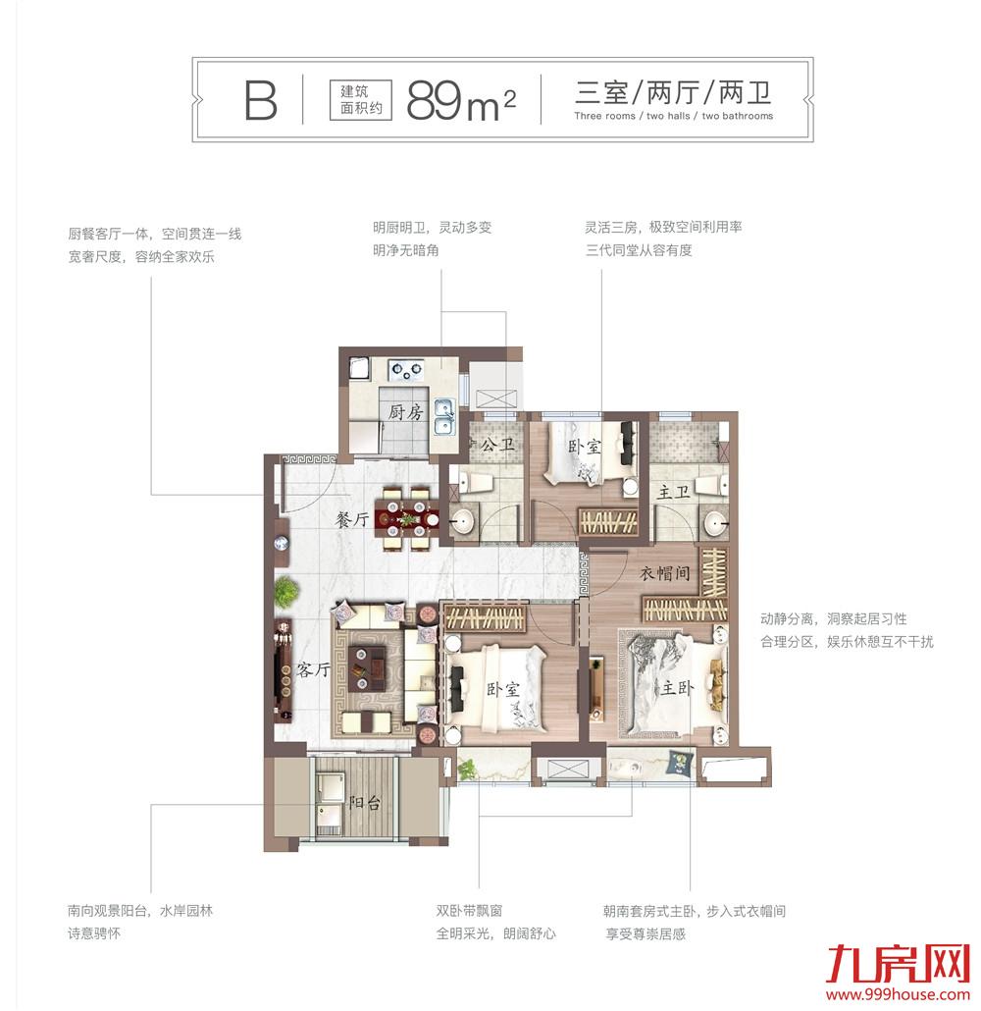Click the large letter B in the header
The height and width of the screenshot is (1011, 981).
click(260, 99)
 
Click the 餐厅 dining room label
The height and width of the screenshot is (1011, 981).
click(350, 521)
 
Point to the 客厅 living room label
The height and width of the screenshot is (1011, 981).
click(312, 671)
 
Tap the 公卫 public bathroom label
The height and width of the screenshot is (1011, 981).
click(497, 446)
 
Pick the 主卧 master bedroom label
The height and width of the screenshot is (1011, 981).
click(677, 689)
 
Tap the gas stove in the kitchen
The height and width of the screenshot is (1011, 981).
click(404, 370)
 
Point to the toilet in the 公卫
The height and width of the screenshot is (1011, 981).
click(479, 482)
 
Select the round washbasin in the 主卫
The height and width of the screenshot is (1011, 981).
click(717, 523)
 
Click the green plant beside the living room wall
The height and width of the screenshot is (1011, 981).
click(285, 592)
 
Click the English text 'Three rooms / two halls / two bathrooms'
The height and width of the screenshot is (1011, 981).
click(673, 116)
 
